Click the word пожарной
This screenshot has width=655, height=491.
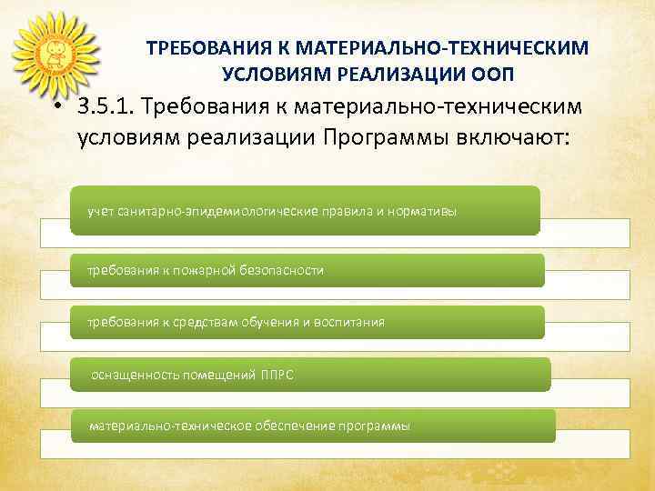click(x=205, y=270)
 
